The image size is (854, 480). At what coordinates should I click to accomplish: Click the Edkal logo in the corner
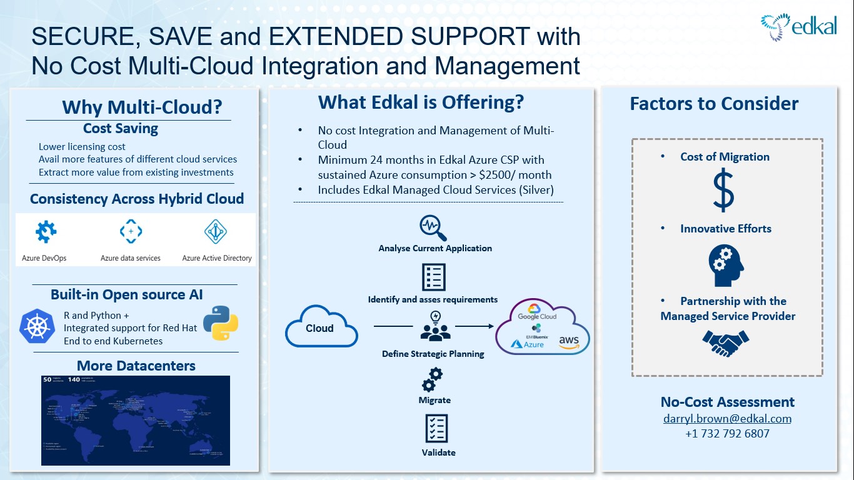[798, 27]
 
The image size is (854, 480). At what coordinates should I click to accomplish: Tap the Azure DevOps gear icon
[46, 232]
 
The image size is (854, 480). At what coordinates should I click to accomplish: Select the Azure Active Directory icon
[216, 232]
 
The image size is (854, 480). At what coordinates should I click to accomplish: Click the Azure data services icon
[131, 232]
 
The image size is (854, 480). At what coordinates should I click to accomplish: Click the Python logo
[221, 322]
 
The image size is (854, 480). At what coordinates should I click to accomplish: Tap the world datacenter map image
[136, 419]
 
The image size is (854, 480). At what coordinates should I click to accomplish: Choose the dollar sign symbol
[724, 192]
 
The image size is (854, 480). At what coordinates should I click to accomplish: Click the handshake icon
[725, 341]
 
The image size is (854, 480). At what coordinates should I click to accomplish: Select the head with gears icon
[725, 265]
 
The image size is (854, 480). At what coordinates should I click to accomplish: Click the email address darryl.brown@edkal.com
[727, 419]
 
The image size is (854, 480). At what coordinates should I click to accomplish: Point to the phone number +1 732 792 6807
[727, 433]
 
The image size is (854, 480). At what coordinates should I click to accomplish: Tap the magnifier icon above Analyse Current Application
[435, 228]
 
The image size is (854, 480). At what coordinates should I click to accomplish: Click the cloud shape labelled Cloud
[321, 326]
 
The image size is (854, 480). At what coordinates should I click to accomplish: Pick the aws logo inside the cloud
[569, 341]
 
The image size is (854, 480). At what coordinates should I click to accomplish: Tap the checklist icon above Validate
[435, 428]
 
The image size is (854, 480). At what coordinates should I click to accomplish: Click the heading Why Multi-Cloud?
[142, 107]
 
